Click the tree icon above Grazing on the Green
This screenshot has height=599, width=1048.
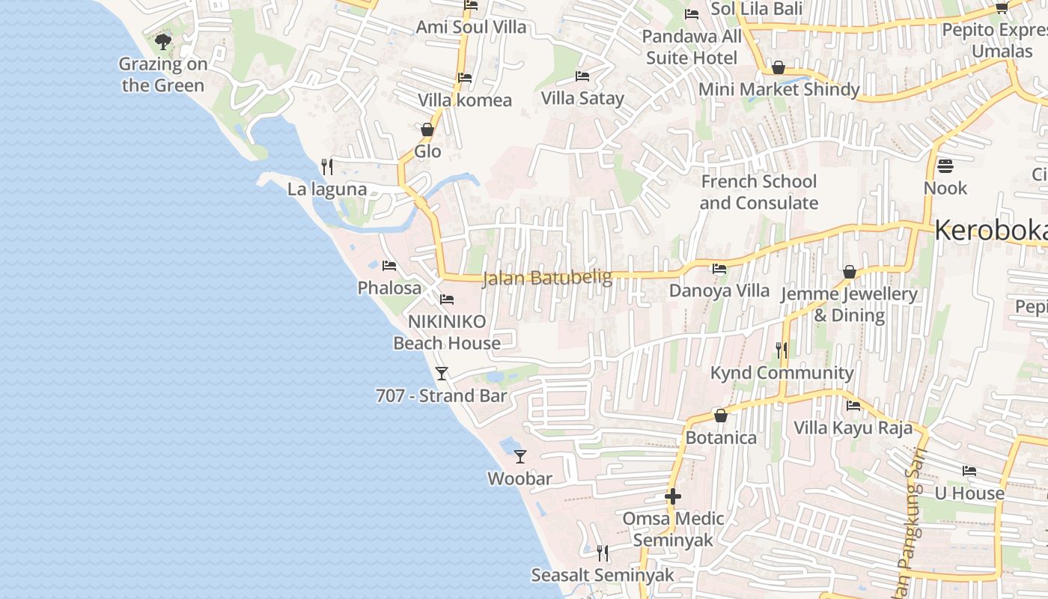(x=162, y=42)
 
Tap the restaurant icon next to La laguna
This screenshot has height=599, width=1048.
(x=326, y=166)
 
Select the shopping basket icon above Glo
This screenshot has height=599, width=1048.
(x=427, y=130)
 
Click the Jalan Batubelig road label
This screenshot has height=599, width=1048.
(x=546, y=278)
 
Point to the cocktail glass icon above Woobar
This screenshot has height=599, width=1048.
(x=520, y=456)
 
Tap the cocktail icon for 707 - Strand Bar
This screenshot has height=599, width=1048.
(x=442, y=373)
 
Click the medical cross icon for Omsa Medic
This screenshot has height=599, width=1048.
(x=673, y=496)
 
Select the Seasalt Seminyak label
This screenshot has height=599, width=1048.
(x=603, y=575)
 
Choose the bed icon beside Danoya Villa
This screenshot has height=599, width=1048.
(x=719, y=268)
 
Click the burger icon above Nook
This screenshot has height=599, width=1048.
(x=945, y=165)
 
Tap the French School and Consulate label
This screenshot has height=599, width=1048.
(x=758, y=192)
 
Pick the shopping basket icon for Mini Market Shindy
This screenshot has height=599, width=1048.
(x=779, y=67)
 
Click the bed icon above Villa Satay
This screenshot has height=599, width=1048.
(x=582, y=76)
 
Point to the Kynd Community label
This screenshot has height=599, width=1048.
(x=782, y=373)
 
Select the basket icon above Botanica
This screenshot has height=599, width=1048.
(x=721, y=415)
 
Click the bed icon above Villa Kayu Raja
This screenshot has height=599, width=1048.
(x=853, y=406)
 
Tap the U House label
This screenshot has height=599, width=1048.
(x=969, y=493)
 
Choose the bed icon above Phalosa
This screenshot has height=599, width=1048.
(x=389, y=265)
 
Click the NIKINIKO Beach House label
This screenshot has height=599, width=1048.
(x=447, y=332)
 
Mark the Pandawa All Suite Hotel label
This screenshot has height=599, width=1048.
(x=692, y=47)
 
